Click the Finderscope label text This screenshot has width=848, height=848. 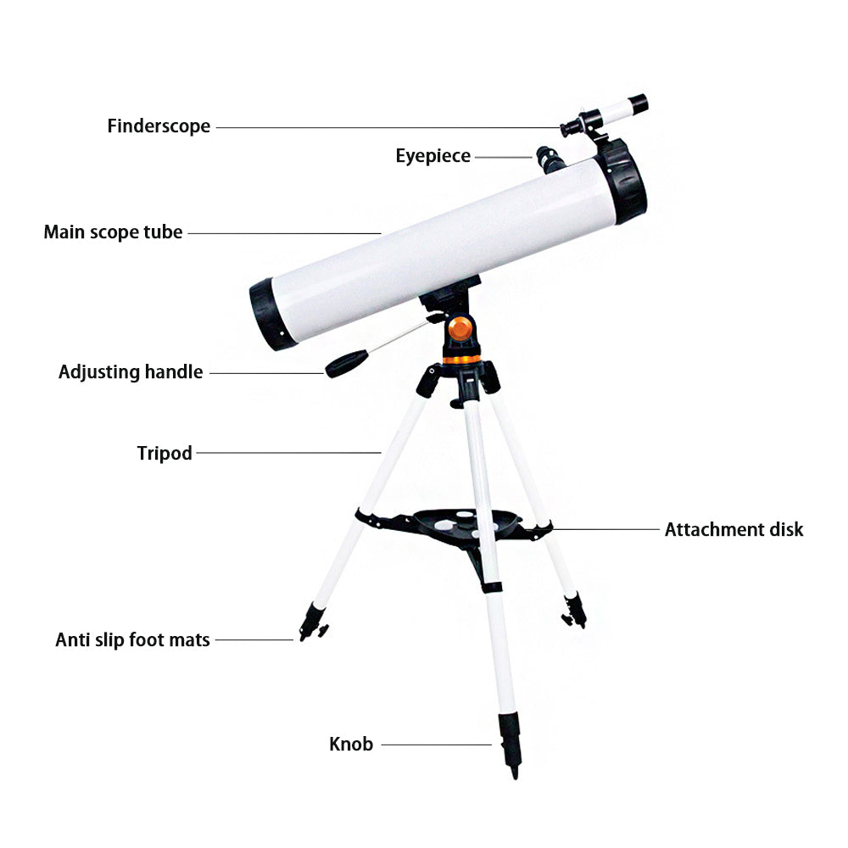(x=159, y=126)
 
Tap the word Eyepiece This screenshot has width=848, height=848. (x=432, y=156)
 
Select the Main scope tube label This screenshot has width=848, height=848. (x=113, y=232)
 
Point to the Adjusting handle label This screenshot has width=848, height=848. (x=131, y=372)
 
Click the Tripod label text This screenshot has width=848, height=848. (x=165, y=453)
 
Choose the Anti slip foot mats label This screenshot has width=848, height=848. (x=132, y=639)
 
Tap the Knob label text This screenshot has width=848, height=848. (x=351, y=745)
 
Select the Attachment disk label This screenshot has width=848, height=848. (x=734, y=529)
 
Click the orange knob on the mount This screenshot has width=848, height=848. (x=460, y=328)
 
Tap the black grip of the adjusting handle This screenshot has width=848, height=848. (x=347, y=364)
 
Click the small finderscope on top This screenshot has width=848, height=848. (x=604, y=114)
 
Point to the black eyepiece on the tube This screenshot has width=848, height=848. (x=550, y=159)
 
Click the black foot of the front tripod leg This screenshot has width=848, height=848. (x=510, y=745)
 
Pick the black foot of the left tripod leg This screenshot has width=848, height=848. (x=313, y=622)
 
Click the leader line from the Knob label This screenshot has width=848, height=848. (x=437, y=745)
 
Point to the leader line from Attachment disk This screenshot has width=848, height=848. (x=606, y=529)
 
